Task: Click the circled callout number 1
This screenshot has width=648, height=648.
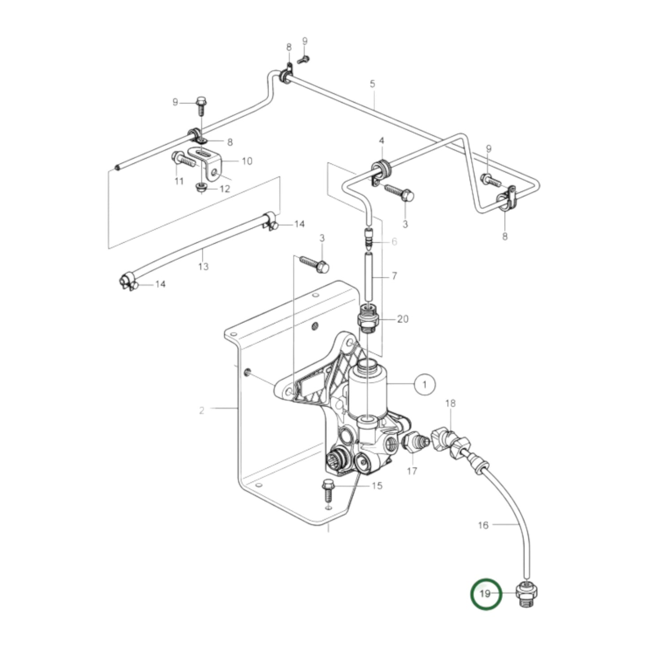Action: [424, 384]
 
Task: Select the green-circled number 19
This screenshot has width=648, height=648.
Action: [485, 594]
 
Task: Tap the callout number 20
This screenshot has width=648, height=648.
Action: [403, 318]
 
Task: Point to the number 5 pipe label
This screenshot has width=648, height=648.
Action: [372, 84]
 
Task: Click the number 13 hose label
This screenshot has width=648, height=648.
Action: [204, 267]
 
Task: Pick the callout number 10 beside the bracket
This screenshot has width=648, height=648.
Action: [247, 161]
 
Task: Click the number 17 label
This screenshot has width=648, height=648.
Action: [412, 471]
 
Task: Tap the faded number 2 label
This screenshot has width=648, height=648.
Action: [201, 411]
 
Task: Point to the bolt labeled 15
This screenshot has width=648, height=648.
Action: [327, 497]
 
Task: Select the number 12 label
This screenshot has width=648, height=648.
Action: [225, 189]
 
